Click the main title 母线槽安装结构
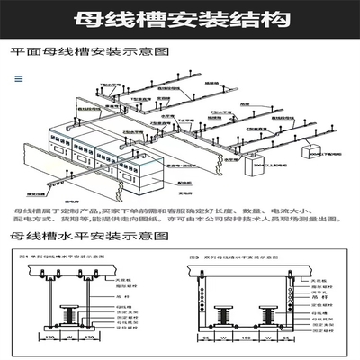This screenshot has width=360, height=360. [x=180, y=17]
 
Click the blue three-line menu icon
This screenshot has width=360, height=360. [x=17, y=78]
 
